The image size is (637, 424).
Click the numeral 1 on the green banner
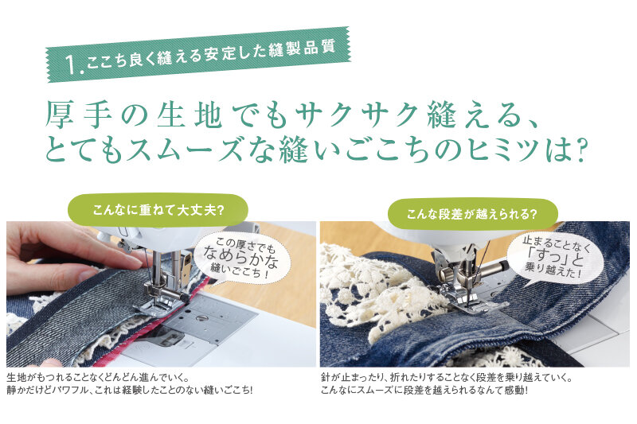[x=72, y=64]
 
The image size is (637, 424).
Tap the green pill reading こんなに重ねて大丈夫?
[x=158, y=210]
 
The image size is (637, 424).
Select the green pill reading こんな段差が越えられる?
[x=472, y=214]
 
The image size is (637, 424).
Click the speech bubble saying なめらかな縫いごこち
[x=243, y=257]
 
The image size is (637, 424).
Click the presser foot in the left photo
[x=163, y=299]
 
